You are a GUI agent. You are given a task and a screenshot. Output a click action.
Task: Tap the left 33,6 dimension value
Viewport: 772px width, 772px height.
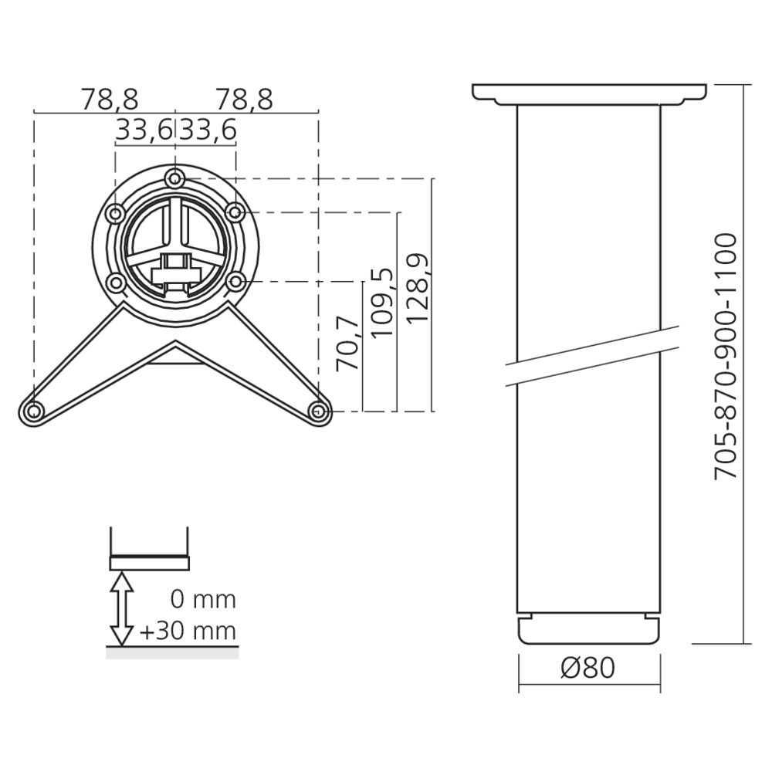pos(144,130)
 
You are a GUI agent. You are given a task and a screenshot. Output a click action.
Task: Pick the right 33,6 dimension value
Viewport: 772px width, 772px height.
pos(207,130)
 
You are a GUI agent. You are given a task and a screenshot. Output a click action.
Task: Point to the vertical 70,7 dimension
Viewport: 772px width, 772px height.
pos(350,343)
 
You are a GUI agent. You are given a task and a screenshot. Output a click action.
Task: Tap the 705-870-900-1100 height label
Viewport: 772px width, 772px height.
pos(726,357)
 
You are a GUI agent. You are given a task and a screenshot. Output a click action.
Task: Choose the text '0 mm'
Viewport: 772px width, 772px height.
pos(203,599)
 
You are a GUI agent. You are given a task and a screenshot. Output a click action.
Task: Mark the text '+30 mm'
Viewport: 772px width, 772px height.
pos(188,631)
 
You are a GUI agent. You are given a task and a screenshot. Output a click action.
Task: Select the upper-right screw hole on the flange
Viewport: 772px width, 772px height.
pos(235,212)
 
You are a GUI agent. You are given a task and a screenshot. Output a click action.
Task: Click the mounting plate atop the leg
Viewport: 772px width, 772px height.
pos(589,94)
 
